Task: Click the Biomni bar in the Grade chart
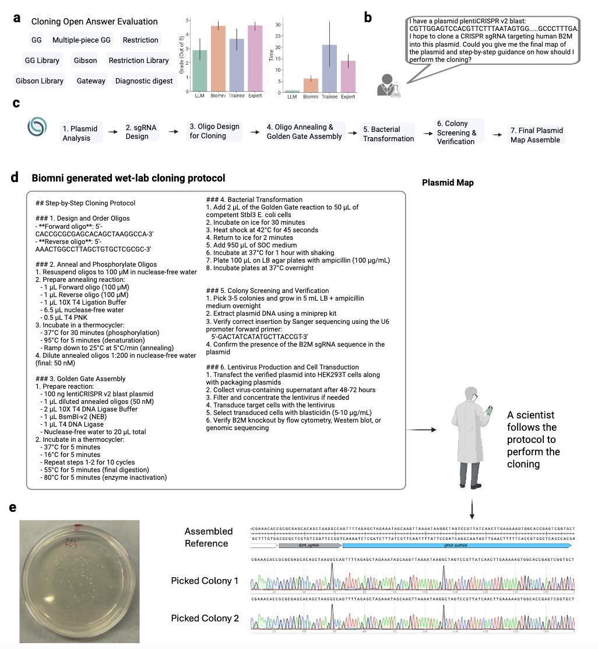pyautogui.click(x=218, y=58)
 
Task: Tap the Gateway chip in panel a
pyautogui.click(x=91, y=81)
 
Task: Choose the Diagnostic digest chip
pyautogui.click(x=144, y=81)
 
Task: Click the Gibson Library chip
pyautogui.click(x=40, y=81)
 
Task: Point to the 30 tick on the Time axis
pyautogui.click(x=279, y=25)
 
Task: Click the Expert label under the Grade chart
pyautogui.click(x=255, y=97)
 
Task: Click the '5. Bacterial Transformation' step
pyautogui.click(x=388, y=134)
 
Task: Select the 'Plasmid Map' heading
pyautogui.click(x=448, y=183)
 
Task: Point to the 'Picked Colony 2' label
pyautogui.click(x=205, y=618)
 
